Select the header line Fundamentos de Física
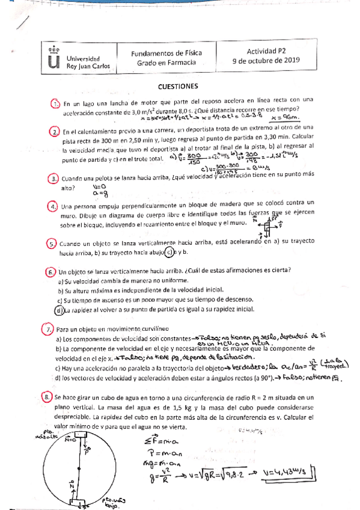[x=166, y=52]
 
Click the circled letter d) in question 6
[x=58, y=310]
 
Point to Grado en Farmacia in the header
[x=166, y=62]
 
